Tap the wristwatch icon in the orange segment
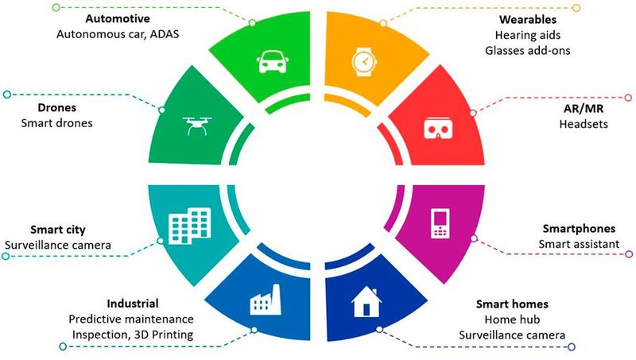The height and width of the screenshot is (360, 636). (x=363, y=60)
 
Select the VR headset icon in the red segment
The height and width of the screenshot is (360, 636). (x=432, y=127)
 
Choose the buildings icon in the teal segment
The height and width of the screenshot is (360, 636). (x=190, y=227)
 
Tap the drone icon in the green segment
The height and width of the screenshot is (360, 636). (x=196, y=125)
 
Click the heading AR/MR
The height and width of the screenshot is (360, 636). (x=577, y=110)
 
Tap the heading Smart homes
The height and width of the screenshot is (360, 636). (x=512, y=304)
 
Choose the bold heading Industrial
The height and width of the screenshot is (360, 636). (x=132, y=304)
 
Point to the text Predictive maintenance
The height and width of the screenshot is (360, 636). (x=131, y=319)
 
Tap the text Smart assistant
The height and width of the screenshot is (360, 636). (x=578, y=243)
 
